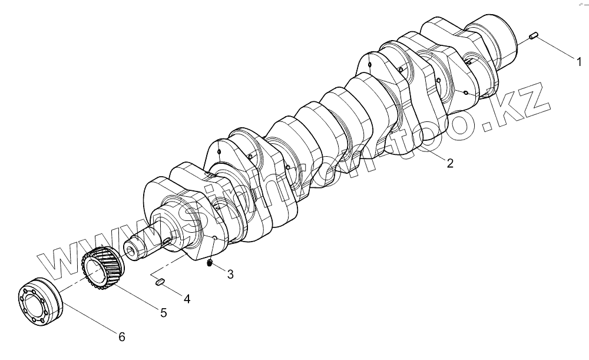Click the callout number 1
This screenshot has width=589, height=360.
point(578,60)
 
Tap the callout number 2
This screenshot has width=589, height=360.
point(449,164)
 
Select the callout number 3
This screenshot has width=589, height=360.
point(230,273)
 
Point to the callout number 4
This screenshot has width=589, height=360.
point(187,299)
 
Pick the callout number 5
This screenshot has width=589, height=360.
point(164,312)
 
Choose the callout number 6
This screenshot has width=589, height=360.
point(121,337)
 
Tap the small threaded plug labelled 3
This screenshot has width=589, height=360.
point(210,263)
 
